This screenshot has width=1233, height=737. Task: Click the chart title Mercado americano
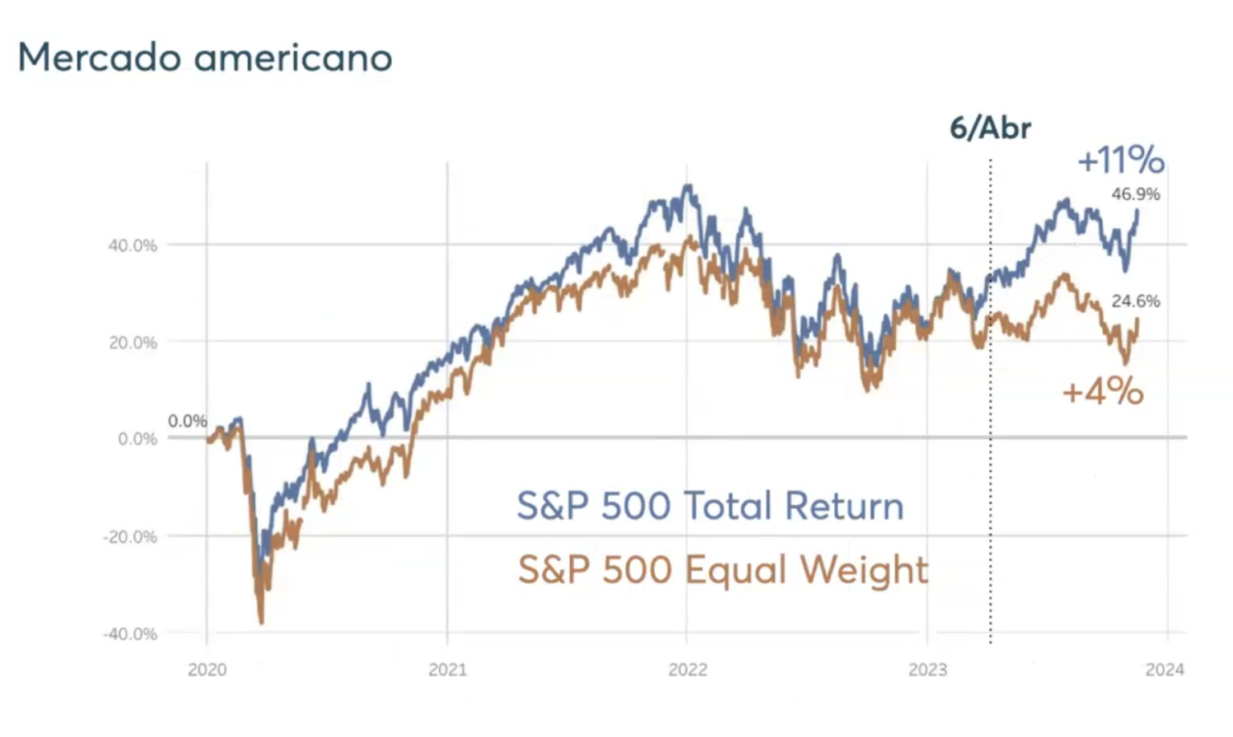pos(205,58)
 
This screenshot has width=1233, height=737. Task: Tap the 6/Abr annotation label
pos(990,128)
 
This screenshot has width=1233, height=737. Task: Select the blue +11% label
pos(1121,160)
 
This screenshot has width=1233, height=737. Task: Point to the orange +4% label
pos(1102,392)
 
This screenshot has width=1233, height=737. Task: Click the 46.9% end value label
pos(1135,194)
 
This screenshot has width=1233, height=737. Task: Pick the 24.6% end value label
pos(1135,301)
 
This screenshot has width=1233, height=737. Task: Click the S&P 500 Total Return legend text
pos(710,506)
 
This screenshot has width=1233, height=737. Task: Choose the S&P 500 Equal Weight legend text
pos(722,570)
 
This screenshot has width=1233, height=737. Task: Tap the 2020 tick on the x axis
pos(207,670)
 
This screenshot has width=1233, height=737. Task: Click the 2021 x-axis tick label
pos(447,670)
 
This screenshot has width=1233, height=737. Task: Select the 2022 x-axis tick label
pos(687,670)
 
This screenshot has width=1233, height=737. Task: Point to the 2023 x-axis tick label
pos(927,670)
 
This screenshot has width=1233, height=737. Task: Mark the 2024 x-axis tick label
pos(1165,670)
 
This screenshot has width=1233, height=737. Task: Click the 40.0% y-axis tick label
pos(132,246)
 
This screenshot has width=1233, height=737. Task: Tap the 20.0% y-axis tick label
pos(132,343)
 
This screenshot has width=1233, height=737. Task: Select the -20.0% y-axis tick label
pos(130,537)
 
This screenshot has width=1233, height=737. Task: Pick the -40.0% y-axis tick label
pos(130,634)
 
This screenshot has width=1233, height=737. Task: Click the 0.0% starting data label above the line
pos(187,421)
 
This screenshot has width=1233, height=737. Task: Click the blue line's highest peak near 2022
pos(688,186)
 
